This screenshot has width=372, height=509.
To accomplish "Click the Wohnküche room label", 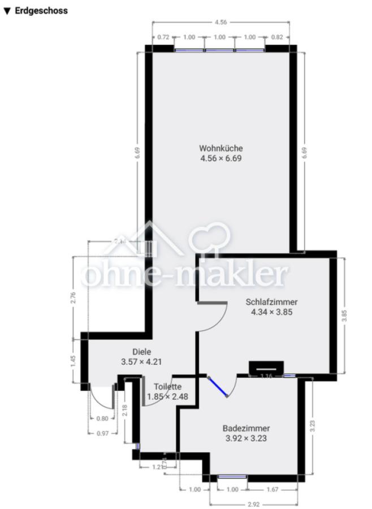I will [x=220, y=148].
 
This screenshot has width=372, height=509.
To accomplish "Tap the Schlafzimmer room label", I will [x=272, y=301].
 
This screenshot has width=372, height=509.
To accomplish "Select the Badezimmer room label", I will [x=246, y=428].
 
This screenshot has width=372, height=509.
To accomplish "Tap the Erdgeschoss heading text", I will [x=41, y=11].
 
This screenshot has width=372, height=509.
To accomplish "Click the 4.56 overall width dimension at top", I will [x=220, y=23].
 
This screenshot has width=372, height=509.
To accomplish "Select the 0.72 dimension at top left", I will [x=163, y=37].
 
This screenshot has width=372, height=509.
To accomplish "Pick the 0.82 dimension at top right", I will [x=277, y=37].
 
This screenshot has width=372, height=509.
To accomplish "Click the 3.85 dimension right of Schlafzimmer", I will [x=344, y=316].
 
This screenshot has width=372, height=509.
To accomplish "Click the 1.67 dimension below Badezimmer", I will [x=272, y=490].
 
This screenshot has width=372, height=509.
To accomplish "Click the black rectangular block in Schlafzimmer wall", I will [x=265, y=366].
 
